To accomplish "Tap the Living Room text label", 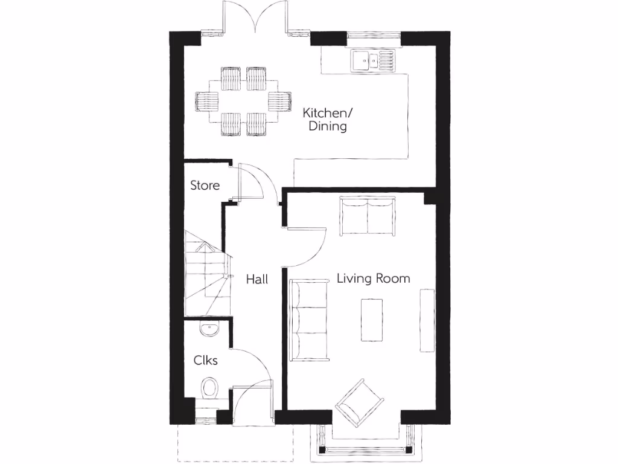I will click(x=373, y=279).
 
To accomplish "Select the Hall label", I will click(x=257, y=279).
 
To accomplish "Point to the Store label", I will click(x=205, y=185).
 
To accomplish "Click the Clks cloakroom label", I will click(x=205, y=361).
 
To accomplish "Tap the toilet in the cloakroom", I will click(x=210, y=387).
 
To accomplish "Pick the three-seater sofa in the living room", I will click(x=308, y=318).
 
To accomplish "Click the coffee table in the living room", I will click(x=372, y=320).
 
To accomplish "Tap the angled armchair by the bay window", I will click(x=360, y=401).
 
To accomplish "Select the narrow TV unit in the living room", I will click(x=427, y=320).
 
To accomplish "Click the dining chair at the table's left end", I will click(x=205, y=101).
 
